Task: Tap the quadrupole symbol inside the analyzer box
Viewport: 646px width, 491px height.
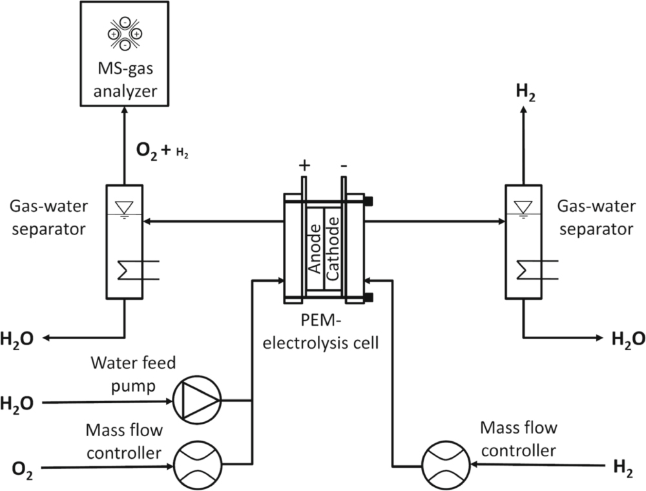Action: (x=123, y=32)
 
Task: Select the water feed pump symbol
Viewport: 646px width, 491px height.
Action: (x=197, y=402)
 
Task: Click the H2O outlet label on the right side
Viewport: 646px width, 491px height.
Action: (x=627, y=337)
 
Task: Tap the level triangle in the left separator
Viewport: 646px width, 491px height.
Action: (x=123, y=206)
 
